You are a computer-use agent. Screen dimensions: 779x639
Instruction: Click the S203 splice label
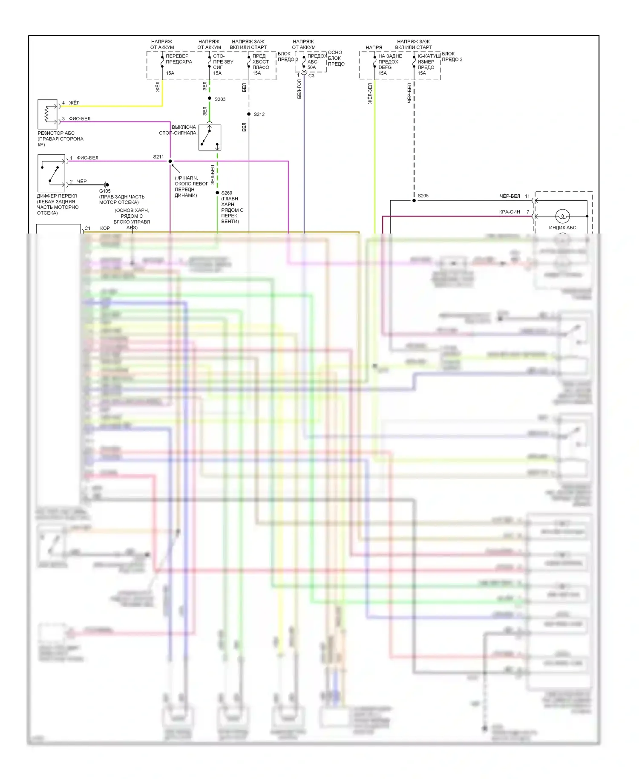click(220, 99)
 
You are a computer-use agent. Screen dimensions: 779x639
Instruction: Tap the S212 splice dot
click(249, 114)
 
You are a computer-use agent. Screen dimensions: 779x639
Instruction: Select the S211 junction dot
click(170, 161)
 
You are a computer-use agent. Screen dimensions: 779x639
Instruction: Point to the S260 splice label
click(227, 193)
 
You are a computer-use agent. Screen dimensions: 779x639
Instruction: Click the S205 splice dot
click(414, 200)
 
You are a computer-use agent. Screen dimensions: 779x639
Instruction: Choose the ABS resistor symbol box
click(47, 114)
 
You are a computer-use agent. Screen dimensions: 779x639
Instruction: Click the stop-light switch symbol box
click(210, 137)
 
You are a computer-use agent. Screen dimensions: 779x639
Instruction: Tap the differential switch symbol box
click(52, 173)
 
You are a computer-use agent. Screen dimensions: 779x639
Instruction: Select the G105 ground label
click(105, 191)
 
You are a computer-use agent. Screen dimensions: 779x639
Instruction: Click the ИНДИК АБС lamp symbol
click(562, 216)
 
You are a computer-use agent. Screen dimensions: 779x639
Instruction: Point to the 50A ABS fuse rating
click(312, 67)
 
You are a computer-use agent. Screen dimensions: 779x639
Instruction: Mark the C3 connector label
click(311, 75)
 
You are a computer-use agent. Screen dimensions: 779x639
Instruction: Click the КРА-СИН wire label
click(509, 212)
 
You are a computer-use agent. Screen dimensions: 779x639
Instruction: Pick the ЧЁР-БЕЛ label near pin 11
click(509, 196)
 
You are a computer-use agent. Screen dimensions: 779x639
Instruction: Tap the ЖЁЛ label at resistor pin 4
click(74, 103)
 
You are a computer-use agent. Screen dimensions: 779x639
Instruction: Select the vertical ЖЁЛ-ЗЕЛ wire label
click(370, 94)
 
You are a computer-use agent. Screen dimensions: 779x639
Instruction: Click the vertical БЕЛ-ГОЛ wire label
click(299, 89)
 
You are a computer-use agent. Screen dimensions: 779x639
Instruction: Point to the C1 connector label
click(87, 228)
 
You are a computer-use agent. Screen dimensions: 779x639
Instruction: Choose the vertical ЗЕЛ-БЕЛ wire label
click(213, 175)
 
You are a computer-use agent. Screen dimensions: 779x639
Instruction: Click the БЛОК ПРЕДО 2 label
click(452, 57)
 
